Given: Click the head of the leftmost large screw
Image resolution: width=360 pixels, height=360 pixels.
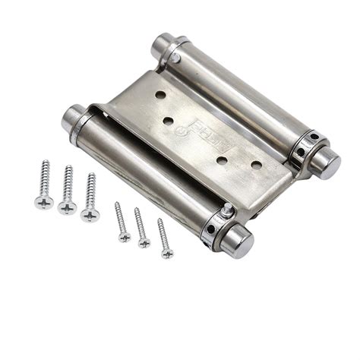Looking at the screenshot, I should [43, 203].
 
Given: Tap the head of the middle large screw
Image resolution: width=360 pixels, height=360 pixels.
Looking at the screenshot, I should [67, 207].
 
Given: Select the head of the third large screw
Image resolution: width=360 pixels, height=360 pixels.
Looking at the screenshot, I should [90, 215].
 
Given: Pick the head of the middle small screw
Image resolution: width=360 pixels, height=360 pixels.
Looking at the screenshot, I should [144, 243].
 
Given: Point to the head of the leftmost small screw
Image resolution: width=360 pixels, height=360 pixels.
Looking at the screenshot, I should [125, 237].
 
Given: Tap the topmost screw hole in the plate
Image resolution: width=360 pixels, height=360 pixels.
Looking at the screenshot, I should [161, 96].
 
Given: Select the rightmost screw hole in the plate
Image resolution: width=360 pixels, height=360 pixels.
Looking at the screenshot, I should [256, 164].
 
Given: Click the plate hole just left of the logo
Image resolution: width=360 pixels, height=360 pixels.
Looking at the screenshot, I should [169, 121].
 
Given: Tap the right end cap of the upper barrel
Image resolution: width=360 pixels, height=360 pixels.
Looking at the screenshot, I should [327, 163].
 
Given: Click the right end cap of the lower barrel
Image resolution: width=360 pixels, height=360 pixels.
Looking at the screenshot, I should [235, 242].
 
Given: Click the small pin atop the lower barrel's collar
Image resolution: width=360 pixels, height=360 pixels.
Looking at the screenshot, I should [226, 209].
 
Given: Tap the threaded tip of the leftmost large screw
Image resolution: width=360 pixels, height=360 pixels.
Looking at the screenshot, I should [46, 163].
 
